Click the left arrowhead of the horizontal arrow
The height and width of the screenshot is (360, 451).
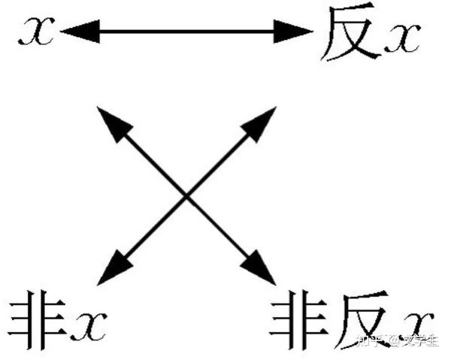pyautogui.click(x=75, y=32)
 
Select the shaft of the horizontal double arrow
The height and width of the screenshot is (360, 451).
pyautogui.click(x=184, y=32)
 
